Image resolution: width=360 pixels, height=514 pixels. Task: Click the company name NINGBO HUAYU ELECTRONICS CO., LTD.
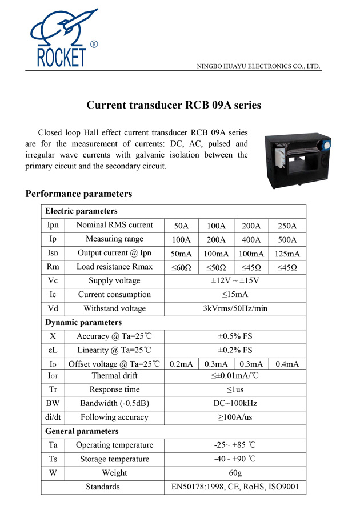click(x=258, y=66)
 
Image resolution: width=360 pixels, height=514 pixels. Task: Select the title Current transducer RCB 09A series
click(x=166, y=105)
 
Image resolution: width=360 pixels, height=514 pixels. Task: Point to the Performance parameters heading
click(x=79, y=194)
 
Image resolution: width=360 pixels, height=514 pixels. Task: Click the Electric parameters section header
click(x=81, y=211)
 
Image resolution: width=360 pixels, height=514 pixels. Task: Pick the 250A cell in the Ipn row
click(x=287, y=226)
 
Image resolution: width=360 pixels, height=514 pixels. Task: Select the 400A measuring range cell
click(x=251, y=240)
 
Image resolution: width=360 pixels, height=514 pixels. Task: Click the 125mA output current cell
click(x=287, y=254)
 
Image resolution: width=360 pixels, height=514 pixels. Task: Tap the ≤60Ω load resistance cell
click(x=181, y=267)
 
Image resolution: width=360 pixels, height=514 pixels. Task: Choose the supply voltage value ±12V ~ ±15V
click(x=234, y=281)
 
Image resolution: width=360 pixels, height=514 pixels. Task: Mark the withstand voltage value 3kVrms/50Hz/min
click(x=234, y=308)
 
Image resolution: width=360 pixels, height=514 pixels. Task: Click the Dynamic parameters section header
click(x=83, y=322)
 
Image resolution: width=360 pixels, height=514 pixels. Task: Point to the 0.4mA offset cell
click(x=287, y=364)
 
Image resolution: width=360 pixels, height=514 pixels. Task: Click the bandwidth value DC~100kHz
click(x=234, y=403)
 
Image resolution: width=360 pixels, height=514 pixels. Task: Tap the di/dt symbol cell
click(x=53, y=417)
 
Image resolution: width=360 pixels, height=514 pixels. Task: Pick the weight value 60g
click(x=234, y=473)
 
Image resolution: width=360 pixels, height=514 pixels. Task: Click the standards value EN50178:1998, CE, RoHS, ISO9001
click(x=234, y=487)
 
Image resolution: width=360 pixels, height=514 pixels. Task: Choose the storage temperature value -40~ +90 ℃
click(x=234, y=459)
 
